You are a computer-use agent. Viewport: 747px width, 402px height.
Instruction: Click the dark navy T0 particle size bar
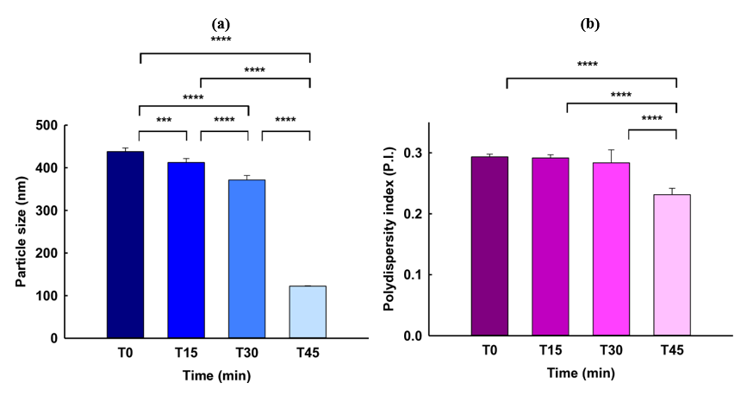[125, 244]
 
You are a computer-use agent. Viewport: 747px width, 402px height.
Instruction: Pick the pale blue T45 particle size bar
[308, 311]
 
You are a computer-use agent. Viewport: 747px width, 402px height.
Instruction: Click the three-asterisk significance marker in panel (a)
[163, 121]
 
